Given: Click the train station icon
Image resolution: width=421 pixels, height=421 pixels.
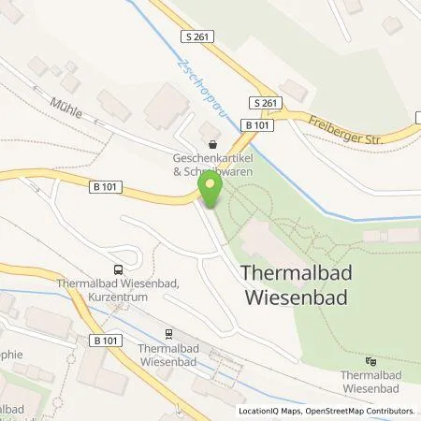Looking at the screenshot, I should coord(168,333).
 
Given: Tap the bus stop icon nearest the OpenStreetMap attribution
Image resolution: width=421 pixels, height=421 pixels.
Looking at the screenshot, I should coord(371,361).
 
